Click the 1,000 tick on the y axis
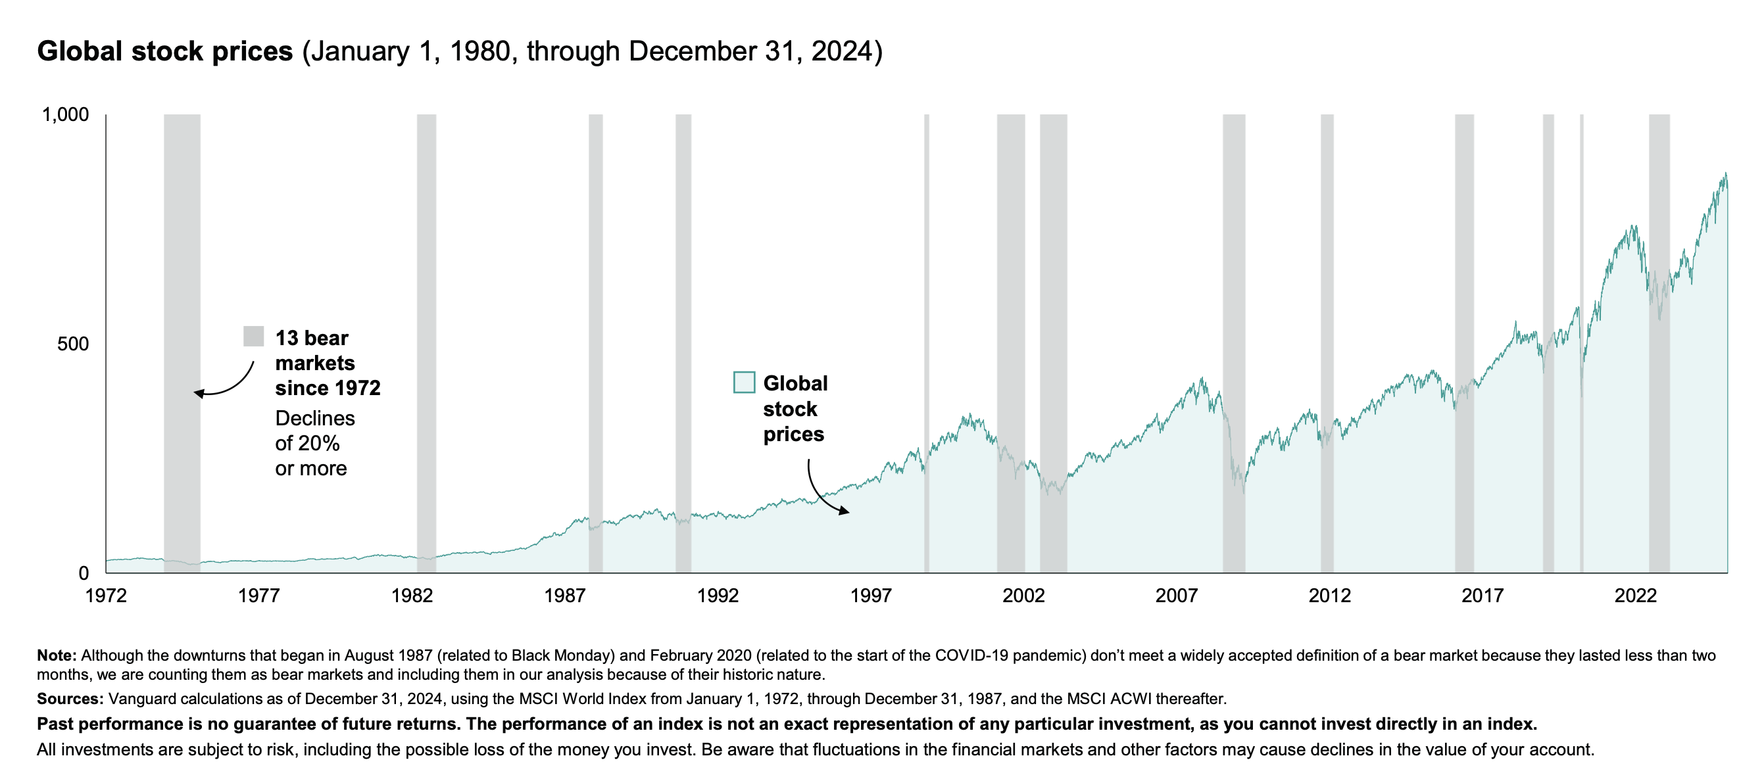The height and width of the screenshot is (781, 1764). pos(66,114)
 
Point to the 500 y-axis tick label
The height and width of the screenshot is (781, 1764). pos(73,344)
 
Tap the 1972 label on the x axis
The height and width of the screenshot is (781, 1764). pos(106,596)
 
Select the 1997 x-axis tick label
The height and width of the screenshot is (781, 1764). pos(870,596)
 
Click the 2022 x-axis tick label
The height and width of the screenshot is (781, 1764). pos(1635,596)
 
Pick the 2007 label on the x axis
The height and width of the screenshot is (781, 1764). pos(1177,596)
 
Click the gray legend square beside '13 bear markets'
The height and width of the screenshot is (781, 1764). pos(253,336)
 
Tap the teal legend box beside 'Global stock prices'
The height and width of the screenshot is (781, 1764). pos(745,382)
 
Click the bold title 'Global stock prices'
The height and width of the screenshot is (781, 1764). pos(165,51)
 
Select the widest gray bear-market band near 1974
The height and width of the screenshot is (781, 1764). pos(182,343)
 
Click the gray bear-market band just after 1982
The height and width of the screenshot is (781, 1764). pos(427,343)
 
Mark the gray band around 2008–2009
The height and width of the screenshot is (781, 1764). pos(1234,343)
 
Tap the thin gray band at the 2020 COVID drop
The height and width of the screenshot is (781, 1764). pos(1582,343)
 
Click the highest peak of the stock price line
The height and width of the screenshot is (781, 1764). pos(1726,173)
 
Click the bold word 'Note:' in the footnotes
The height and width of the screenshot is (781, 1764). pos(57,655)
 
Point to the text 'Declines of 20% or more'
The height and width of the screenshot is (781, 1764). pos(315,443)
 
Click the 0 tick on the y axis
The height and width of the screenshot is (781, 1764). pos(84,573)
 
